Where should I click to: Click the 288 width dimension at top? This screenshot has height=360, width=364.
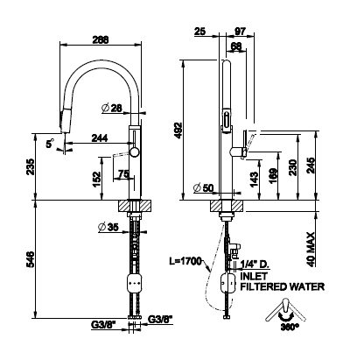click(101, 39)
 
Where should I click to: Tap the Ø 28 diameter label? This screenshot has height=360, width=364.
click(112, 109)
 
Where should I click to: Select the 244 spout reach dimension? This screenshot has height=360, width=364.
click(100, 138)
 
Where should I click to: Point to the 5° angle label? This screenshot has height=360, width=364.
click(50, 143)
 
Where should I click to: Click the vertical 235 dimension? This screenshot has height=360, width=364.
click(31, 166)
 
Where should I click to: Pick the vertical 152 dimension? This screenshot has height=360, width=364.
click(97, 179)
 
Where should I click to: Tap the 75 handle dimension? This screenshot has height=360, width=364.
click(123, 174)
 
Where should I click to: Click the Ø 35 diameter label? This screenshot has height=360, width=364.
click(108, 227)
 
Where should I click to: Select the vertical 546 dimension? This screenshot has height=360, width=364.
click(31, 259)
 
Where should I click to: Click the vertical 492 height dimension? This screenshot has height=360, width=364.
click(178, 130)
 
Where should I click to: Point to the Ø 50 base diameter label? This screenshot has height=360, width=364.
click(204, 188)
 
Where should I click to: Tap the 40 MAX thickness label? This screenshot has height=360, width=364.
click(311, 249)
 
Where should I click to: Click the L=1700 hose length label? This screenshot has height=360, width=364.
click(185, 261)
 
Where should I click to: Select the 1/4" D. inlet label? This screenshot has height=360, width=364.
click(254, 265)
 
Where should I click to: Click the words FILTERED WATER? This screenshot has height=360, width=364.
click(282, 286)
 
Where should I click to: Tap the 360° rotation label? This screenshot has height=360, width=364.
click(290, 327)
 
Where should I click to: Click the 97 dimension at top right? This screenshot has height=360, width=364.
click(240, 31)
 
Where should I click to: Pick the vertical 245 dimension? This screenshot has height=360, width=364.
click(311, 166)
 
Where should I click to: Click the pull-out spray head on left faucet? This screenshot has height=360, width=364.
click(66, 121)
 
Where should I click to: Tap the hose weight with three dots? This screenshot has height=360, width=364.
click(135, 283)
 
